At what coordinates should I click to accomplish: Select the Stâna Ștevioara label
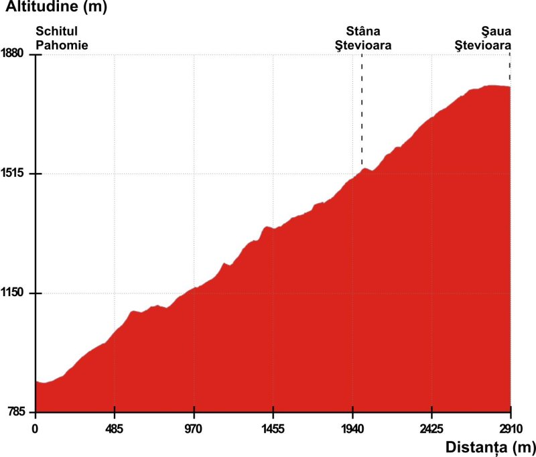click(364, 39)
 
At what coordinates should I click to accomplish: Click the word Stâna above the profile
click(363, 31)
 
